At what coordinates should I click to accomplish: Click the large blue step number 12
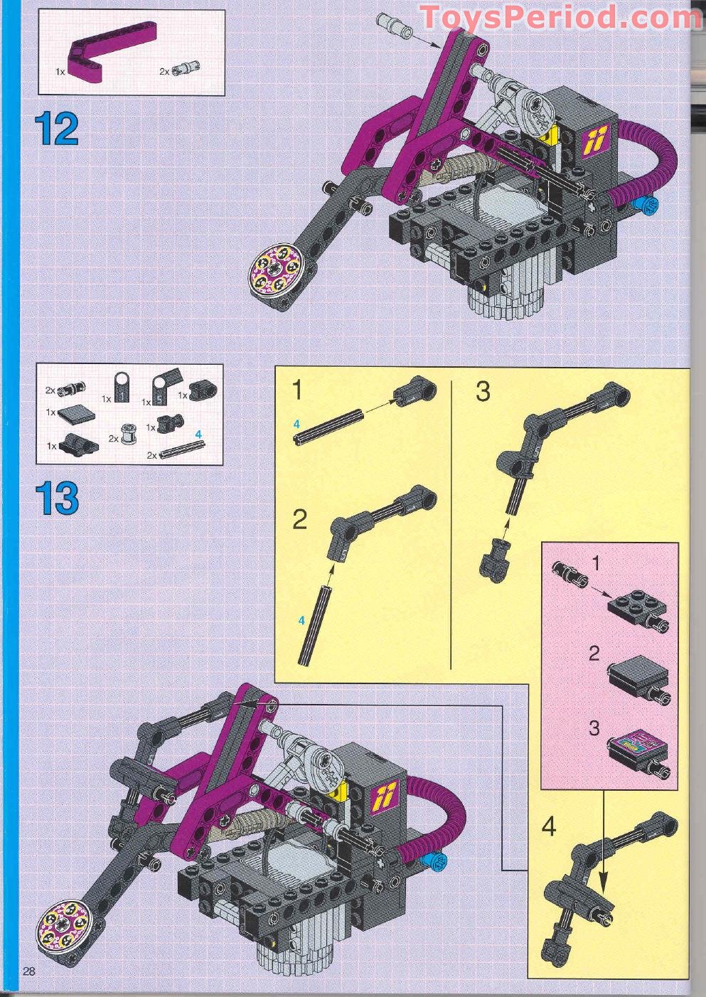(56, 129)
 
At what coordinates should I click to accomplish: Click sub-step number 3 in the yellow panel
(483, 392)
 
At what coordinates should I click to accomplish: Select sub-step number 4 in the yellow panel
(549, 827)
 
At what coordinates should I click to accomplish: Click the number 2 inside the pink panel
(594, 653)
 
